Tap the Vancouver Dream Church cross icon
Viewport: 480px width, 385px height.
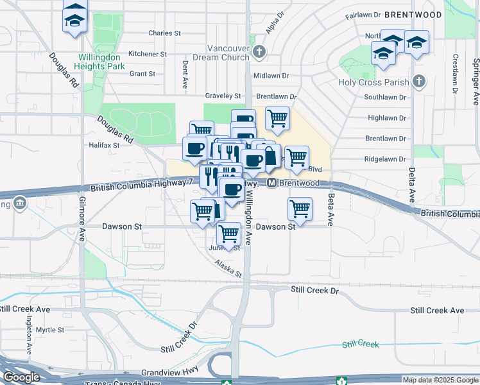coord(259,52)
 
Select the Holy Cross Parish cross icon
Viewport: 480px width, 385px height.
coord(419,81)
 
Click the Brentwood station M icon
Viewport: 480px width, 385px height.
coord(272,183)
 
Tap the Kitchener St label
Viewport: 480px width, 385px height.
coord(148,54)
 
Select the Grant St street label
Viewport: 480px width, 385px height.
coord(142,74)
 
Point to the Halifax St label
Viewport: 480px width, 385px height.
coord(105,146)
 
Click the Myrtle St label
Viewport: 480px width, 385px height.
coord(50,330)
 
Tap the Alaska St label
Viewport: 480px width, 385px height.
coord(228,269)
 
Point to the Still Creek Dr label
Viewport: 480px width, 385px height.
coord(314,290)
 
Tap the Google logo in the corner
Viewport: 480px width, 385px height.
coord(21,377)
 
